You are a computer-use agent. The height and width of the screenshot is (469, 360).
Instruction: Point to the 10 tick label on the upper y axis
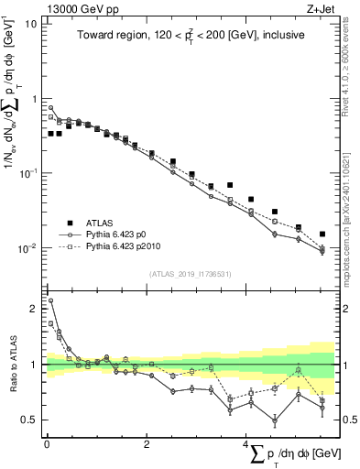(x=31, y=23)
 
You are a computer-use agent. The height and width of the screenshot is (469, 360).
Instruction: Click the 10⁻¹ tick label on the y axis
(x=28, y=173)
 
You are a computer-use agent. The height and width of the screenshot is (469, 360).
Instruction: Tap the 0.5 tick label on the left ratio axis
(x=29, y=420)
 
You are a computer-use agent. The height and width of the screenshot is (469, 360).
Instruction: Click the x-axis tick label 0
(x=46, y=444)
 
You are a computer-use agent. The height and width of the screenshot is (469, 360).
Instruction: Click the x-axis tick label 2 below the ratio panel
(x=147, y=444)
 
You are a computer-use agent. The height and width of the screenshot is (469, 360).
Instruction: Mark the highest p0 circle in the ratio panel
(x=50, y=300)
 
